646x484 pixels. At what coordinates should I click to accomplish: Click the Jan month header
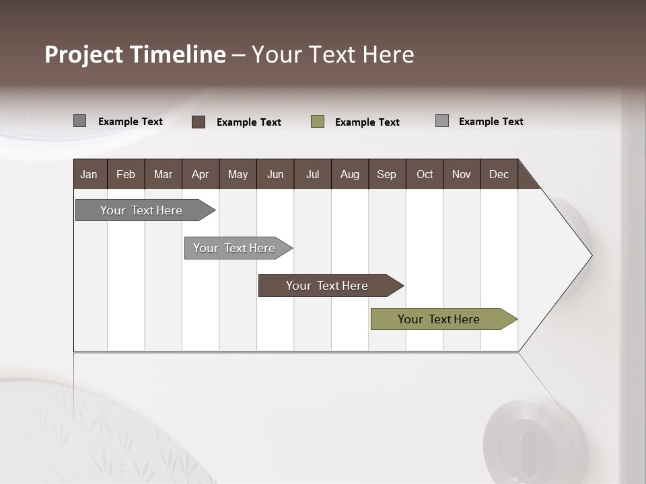click(89, 174)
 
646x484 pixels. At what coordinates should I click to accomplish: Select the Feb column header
click(126, 174)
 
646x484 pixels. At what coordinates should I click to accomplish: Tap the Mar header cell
click(163, 174)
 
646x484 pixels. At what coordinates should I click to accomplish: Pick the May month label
click(238, 174)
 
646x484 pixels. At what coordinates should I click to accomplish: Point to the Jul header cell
click(312, 174)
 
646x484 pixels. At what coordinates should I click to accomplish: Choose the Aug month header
click(349, 174)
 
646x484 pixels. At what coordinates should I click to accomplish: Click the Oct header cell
click(425, 174)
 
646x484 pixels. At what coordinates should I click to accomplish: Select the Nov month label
click(462, 174)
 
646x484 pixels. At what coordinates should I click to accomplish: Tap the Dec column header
click(499, 174)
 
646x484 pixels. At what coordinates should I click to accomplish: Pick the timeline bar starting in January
click(142, 210)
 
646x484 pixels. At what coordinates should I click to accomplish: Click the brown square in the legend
click(199, 122)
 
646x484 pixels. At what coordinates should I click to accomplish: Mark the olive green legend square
click(318, 122)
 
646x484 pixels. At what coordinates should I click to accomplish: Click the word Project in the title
click(84, 54)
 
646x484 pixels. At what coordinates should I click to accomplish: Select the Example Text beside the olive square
click(367, 122)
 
